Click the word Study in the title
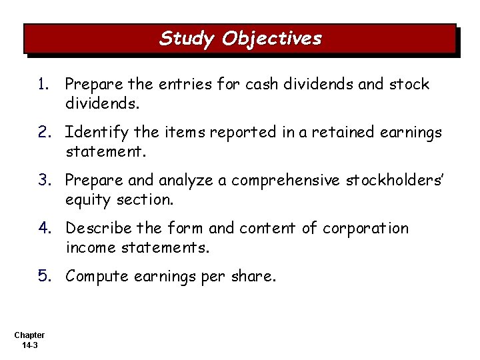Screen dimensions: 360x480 (187, 39)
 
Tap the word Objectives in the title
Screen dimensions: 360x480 (271, 39)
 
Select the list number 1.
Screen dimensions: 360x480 (43, 85)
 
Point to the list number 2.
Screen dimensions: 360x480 (43, 133)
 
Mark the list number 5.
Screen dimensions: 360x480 (43, 276)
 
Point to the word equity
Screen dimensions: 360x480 (87, 198)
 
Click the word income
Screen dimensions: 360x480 (89, 246)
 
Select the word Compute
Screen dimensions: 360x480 (96, 276)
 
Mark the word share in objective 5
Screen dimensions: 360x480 (253, 276)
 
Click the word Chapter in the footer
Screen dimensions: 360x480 (29, 335)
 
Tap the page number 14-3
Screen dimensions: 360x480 (29, 345)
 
